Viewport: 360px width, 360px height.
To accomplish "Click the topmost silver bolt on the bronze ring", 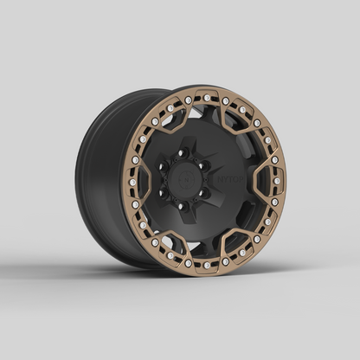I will tap(207, 97).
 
